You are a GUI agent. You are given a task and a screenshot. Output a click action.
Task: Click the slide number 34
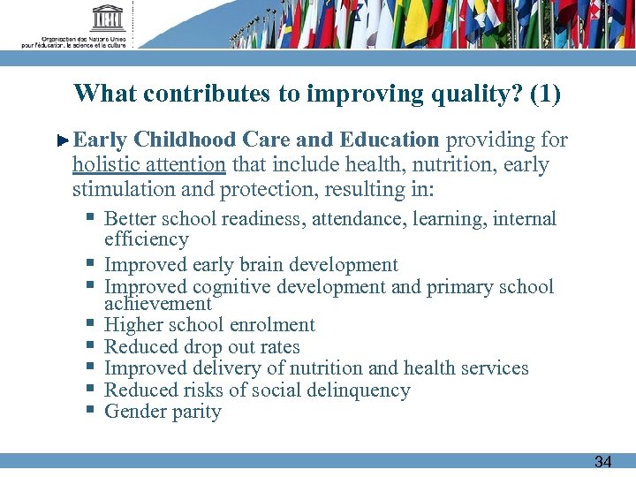602,462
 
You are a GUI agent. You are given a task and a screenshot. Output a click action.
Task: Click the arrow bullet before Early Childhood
63,140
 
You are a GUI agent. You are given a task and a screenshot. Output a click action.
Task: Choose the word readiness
263,219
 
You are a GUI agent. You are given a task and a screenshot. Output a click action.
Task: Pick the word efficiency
147,239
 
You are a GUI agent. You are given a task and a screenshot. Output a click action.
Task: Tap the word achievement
158,304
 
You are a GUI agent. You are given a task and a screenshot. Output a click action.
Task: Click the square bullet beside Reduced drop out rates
91,346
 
